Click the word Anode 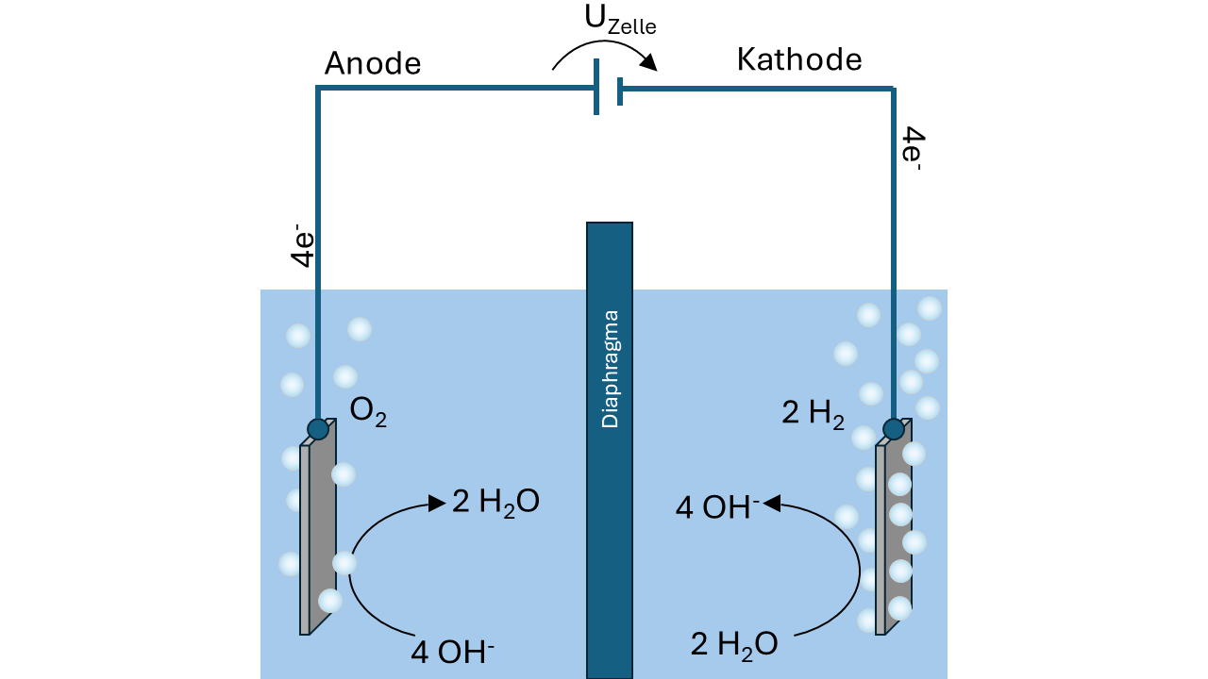[372, 63]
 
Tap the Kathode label [799, 59]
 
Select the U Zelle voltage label [620, 21]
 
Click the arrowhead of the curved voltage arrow [648, 62]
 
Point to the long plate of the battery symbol [596, 87]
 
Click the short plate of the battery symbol [620, 91]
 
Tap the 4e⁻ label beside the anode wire [303, 246]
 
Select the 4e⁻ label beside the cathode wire [913, 149]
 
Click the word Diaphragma [610, 369]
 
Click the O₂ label [368, 412]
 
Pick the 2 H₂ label [813, 414]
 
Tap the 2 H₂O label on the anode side [495, 503]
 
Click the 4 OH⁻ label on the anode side [452, 651]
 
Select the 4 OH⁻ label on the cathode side [718, 507]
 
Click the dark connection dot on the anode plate [318, 429]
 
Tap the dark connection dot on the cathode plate [894, 429]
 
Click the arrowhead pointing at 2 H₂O [437, 504]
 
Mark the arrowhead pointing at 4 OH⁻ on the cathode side [772, 504]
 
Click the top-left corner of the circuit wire [318, 88]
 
